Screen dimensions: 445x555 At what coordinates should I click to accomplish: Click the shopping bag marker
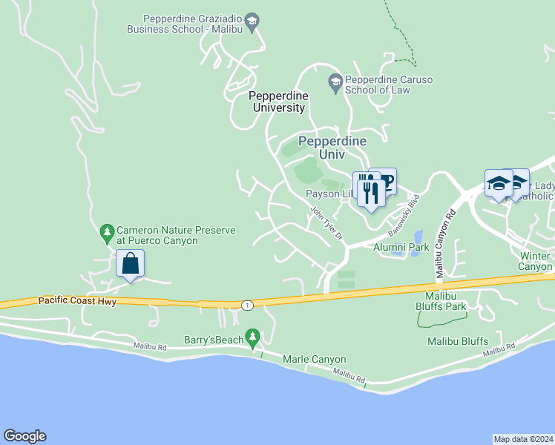click(x=130, y=264)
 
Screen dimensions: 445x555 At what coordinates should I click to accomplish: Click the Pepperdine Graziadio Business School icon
click(x=252, y=22)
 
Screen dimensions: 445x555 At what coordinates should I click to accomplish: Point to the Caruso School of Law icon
click(x=335, y=82)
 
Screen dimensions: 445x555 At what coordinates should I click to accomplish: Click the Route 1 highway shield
click(x=246, y=305)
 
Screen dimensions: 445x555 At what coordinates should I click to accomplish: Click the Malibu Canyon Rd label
click(x=443, y=244)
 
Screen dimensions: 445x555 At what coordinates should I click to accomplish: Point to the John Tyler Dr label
click(x=326, y=223)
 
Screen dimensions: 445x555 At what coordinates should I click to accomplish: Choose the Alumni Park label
click(x=401, y=247)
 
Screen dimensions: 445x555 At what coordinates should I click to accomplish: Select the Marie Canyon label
click(x=315, y=360)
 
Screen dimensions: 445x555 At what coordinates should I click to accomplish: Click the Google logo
click(x=24, y=436)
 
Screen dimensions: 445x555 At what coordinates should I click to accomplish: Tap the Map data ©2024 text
click(x=523, y=438)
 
